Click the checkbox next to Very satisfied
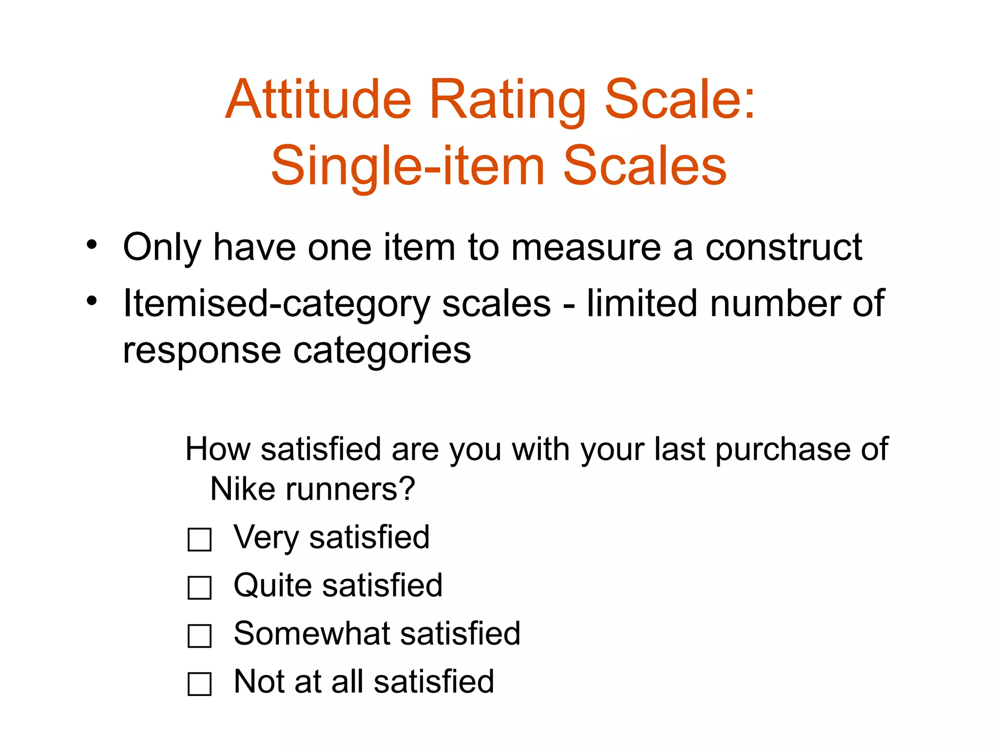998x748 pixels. point(199,540)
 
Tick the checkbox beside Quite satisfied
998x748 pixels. point(199,587)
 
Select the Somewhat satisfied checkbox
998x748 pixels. point(199,636)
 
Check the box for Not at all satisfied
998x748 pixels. point(199,684)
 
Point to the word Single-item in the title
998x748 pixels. point(407,167)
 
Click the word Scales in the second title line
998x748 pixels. point(644,167)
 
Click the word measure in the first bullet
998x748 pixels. point(585,247)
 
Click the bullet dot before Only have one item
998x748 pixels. point(92,245)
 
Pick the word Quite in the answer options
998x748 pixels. point(272,585)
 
